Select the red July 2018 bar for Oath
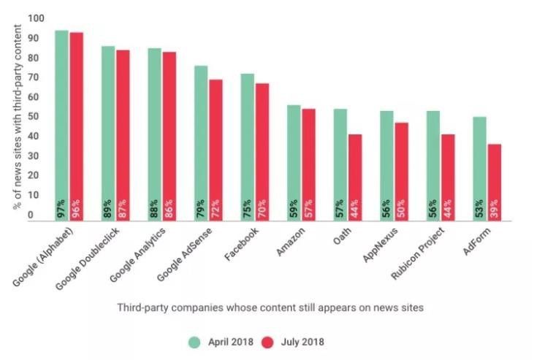coord(355,175)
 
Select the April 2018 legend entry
coord(224,341)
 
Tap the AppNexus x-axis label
coord(376,248)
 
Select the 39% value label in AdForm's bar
coord(495,208)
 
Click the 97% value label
coord(61,208)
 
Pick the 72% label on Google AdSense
coord(216,208)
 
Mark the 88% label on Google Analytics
coord(154,208)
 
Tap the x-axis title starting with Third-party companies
coord(270,307)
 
